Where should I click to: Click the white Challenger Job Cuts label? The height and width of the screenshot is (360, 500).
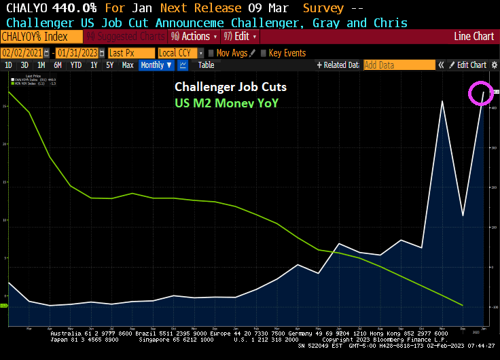click(230, 87)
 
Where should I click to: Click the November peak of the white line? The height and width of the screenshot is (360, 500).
click(442, 101)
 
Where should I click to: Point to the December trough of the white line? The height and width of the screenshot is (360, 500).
click(463, 216)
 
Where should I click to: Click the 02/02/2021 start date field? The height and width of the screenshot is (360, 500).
click(21, 53)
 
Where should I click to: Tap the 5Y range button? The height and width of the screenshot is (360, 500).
click(109, 65)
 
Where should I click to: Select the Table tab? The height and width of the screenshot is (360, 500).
click(206, 65)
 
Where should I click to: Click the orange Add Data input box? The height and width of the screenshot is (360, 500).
click(399, 65)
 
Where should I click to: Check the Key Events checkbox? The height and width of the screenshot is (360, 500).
click(264, 53)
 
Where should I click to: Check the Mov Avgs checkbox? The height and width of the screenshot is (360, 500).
click(211, 53)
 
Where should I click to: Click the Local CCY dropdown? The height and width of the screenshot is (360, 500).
click(180, 53)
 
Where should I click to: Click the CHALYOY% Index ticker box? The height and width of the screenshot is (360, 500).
click(36, 36)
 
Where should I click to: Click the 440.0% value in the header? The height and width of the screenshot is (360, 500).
click(74, 8)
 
